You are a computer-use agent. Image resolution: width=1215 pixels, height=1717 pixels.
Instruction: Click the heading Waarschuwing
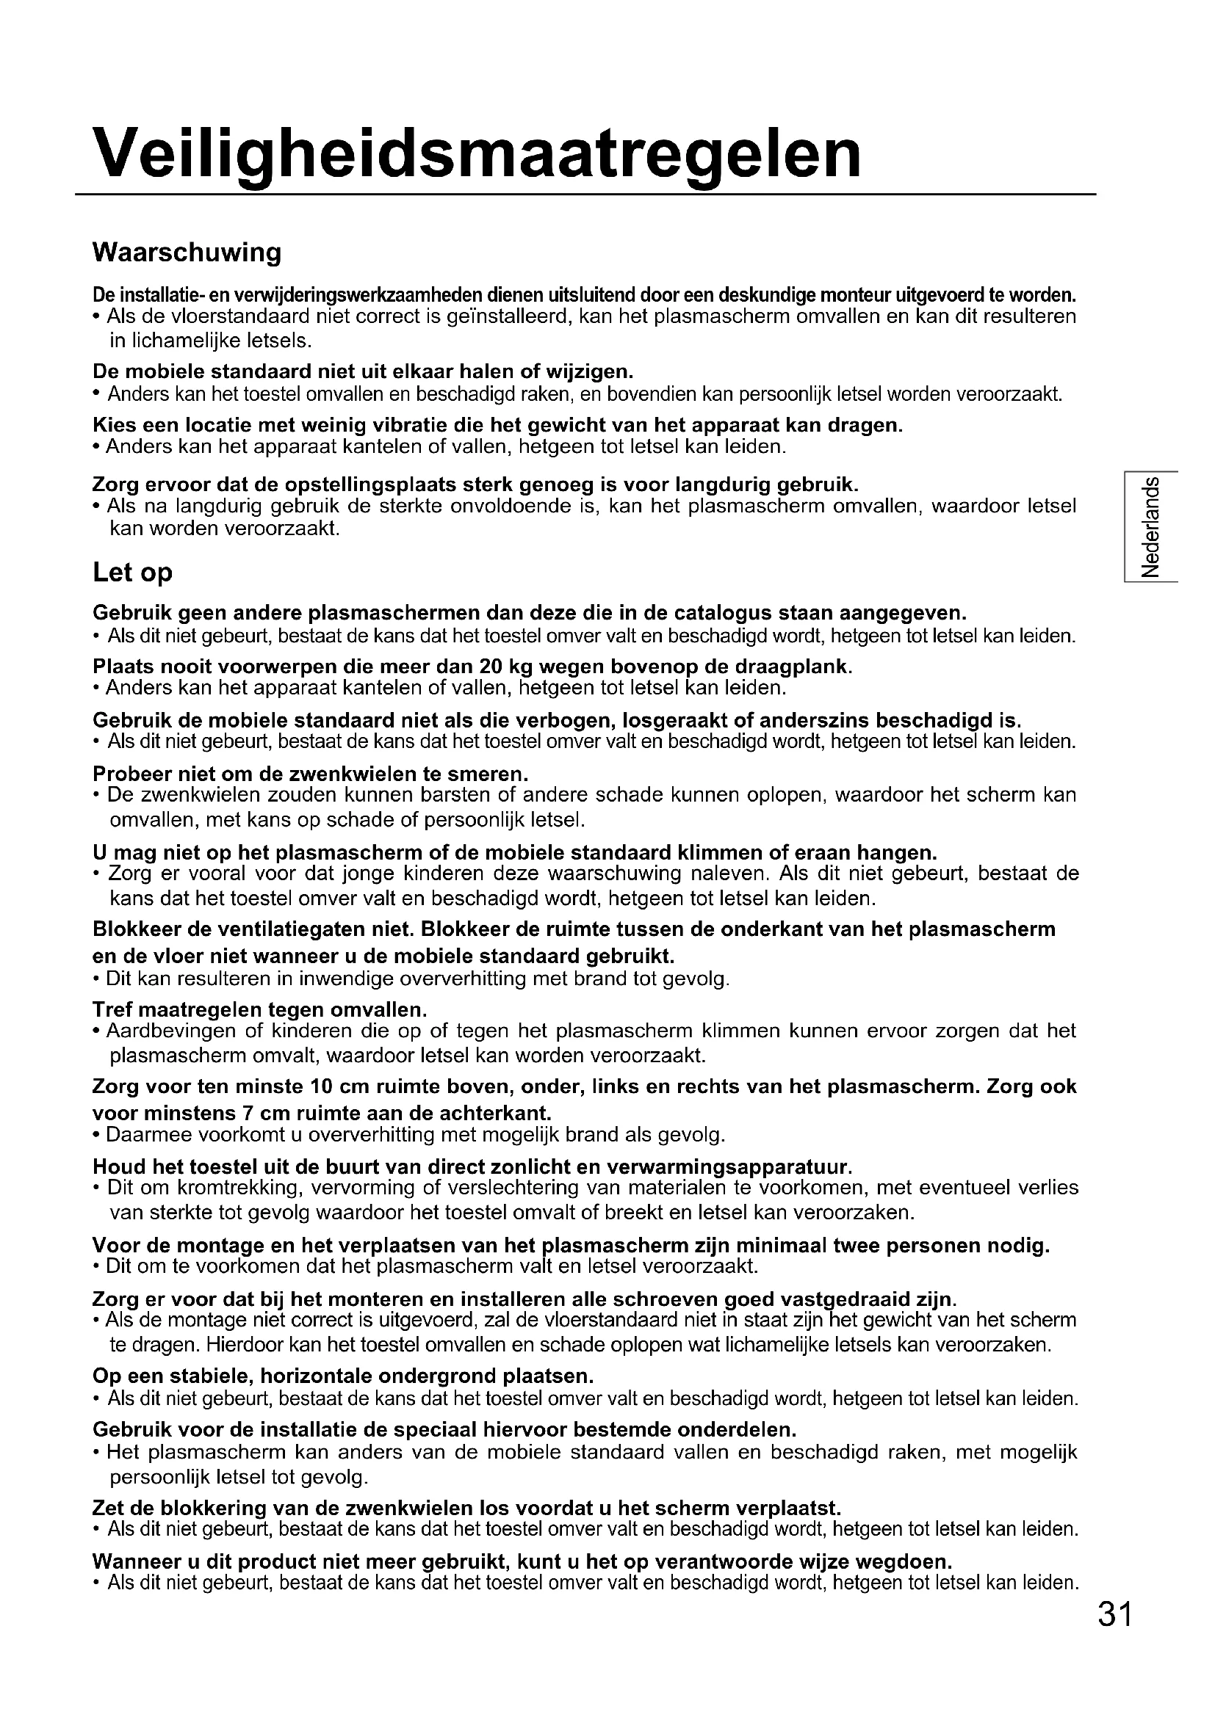(x=187, y=253)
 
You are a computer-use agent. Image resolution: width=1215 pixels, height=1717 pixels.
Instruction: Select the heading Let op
(x=132, y=572)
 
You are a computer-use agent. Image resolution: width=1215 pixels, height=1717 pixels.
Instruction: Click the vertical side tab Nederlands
(x=1150, y=526)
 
